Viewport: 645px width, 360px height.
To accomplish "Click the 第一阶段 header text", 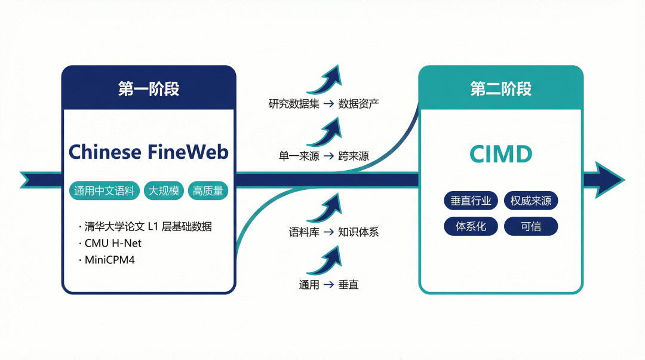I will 149,88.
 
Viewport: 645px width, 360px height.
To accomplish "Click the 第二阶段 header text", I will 500,88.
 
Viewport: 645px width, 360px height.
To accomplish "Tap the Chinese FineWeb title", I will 149,152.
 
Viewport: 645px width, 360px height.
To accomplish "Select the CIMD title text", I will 500,155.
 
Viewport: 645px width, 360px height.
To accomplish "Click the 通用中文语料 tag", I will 105,191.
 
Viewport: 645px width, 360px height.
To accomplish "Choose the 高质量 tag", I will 208,191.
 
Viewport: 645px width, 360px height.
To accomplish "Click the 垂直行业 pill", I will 470,201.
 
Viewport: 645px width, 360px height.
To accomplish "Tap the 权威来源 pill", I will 531,201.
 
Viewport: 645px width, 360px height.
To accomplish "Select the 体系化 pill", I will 470,227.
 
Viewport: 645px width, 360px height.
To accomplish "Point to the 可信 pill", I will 531,227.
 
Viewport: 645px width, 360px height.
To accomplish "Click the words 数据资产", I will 359,104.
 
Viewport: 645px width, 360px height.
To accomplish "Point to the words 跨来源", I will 354,156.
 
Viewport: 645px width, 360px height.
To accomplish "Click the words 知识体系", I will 359,232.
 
